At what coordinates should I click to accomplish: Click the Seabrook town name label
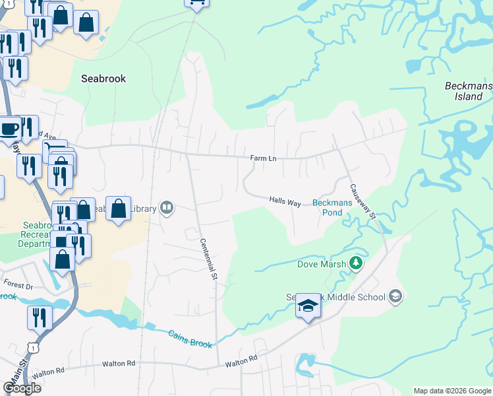click(x=103, y=79)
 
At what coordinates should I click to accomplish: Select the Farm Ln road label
click(x=262, y=158)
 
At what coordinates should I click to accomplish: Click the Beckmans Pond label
click(x=327, y=208)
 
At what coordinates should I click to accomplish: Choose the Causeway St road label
click(x=362, y=201)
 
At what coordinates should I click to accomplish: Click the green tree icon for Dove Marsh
click(x=356, y=263)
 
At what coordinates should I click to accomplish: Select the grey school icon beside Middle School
click(x=395, y=296)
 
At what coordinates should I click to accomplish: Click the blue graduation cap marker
click(x=307, y=306)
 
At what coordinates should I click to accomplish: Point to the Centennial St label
click(x=209, y=258)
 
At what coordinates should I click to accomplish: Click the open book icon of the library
click(x=167, y=209)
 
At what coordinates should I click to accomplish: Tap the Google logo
click(x=22, y=387)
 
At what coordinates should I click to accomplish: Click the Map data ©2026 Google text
click(x=451, y=391)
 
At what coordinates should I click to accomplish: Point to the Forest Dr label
click(x=18, y=286)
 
